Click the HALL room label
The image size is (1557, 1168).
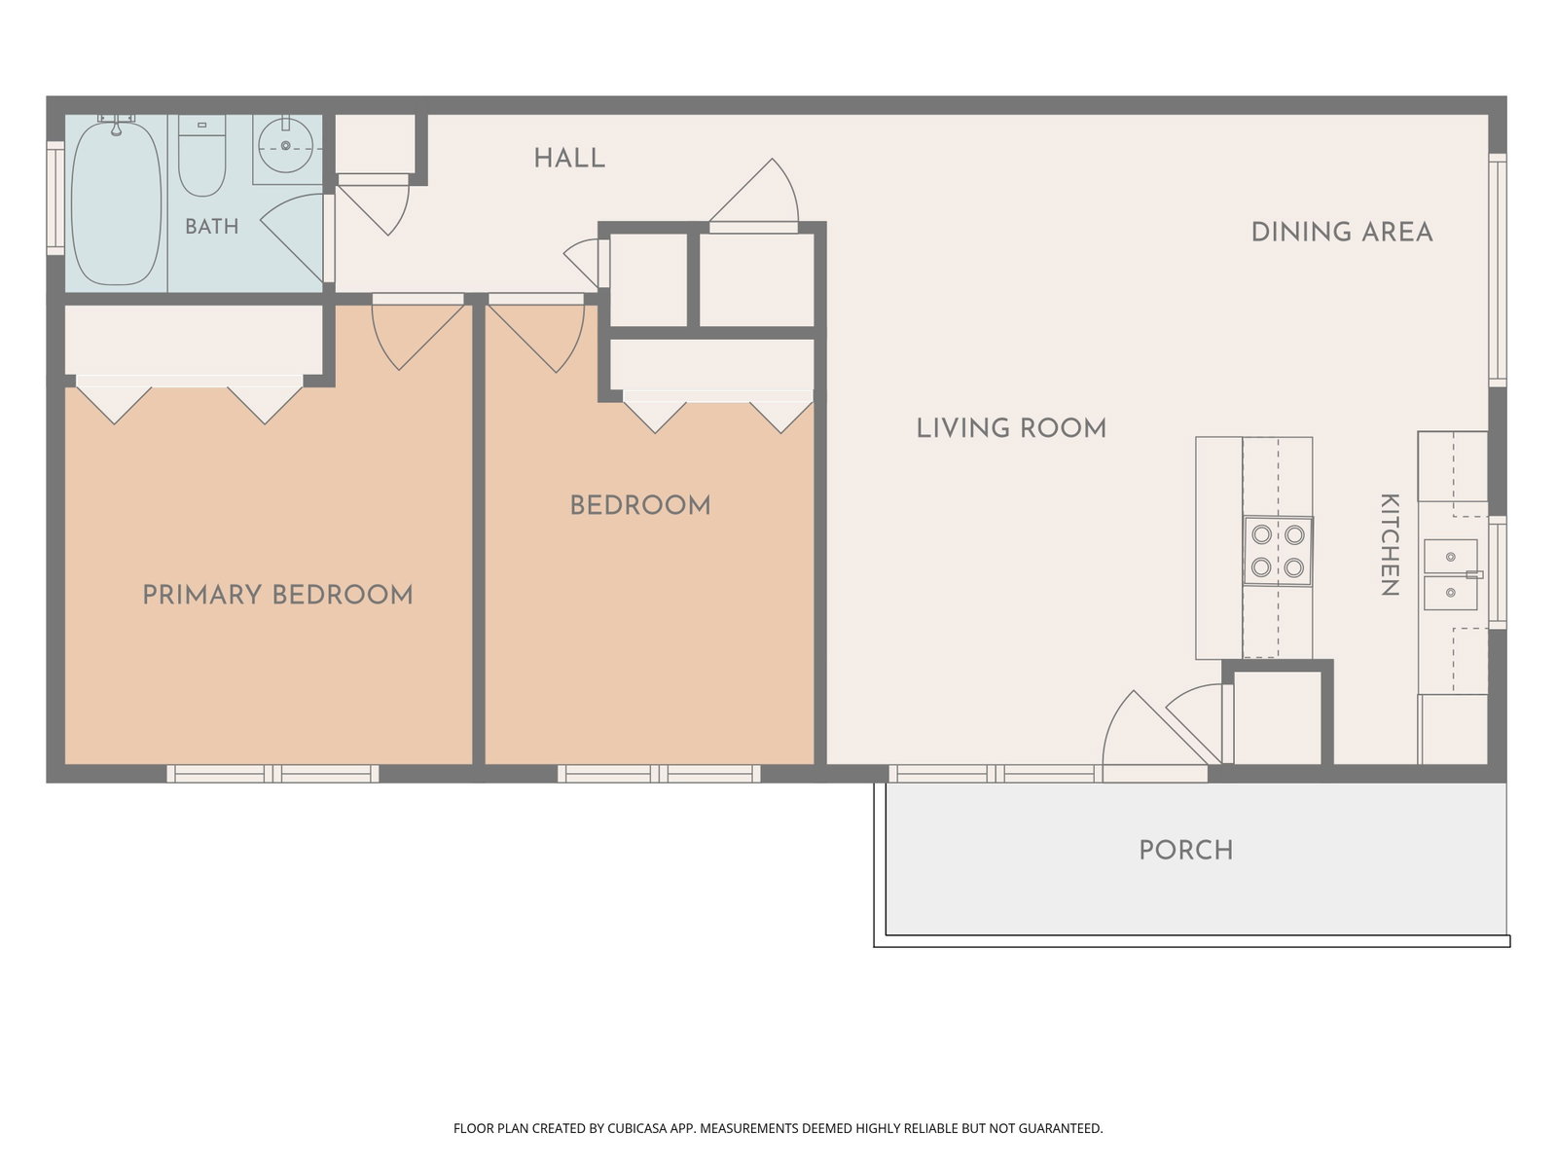569,158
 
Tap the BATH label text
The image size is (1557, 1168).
211,226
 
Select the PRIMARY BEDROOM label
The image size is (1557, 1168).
277,595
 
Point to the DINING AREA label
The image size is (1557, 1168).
1342,232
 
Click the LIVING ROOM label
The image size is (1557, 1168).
1011,428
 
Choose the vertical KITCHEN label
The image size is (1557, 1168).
1390,545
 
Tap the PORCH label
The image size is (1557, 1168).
1186,851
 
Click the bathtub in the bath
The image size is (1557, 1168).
117,203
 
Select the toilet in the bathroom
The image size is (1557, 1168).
201,156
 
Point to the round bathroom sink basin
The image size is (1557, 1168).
285,146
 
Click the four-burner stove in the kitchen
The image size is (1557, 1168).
1278,551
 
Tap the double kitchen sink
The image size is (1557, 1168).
1452,574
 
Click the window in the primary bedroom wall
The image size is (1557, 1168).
273,774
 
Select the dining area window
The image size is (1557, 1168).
1498,271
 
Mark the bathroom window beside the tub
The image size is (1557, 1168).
55,198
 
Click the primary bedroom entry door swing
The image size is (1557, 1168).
417,332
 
